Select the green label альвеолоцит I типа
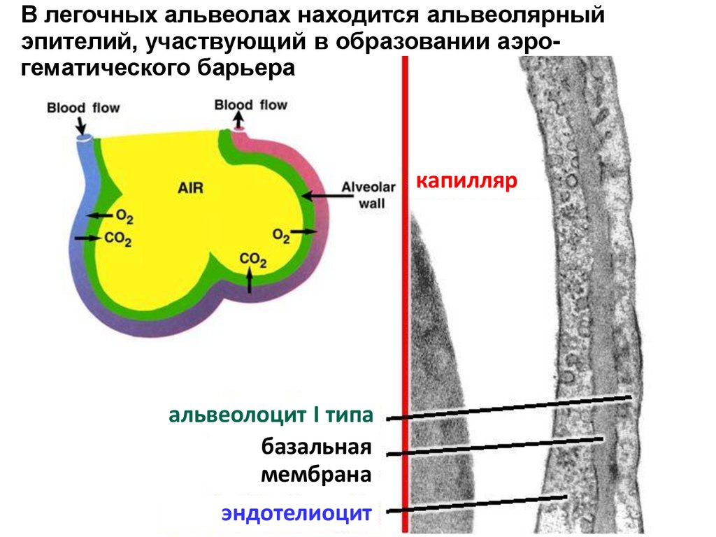[271, 416]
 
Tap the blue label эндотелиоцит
[296, 514]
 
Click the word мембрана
[315, 475]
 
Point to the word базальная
[315, 447]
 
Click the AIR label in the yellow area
[191, 187]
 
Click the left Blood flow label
[83, 108]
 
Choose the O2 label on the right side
[281, 235]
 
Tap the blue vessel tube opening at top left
[85, 141]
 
